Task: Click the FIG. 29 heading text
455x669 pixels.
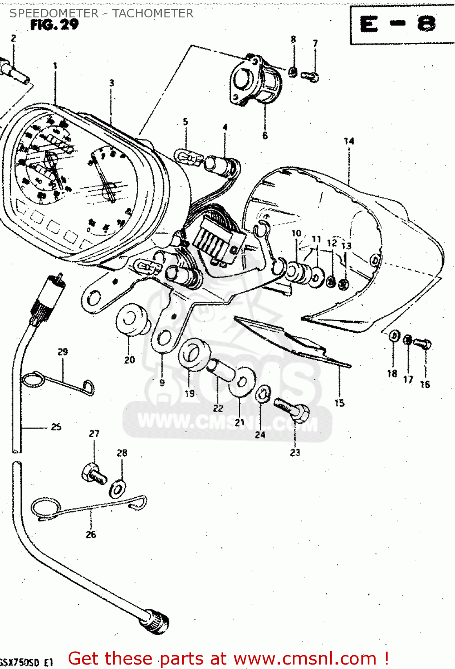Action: click(x=54, y=25)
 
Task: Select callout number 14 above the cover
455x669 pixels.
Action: click(x=349, y=141)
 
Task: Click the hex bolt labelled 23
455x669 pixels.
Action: click(x=293, y=410)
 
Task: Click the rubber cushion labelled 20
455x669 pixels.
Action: click(x=131, y=319)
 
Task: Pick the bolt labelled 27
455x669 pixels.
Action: click(x=94, y=474)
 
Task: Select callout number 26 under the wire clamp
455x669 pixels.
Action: click(x=91, y=534)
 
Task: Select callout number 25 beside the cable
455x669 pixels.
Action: click(x=56, y=427)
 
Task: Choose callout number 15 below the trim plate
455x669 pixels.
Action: click(x=340, y=403)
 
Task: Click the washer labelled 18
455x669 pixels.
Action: click(x=394, y=336)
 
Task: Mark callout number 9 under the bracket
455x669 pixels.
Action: click(x=162, y=382)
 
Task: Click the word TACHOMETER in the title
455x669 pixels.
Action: click(x=153, y=13)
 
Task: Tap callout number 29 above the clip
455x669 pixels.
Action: click(x=63, y=351)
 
